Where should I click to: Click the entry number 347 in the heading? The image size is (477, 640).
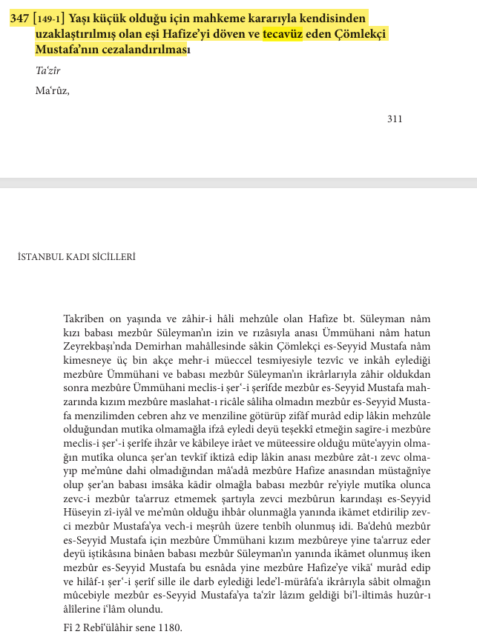(x=20, y=19)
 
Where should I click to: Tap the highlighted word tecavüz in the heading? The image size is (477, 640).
(x=283, y=35)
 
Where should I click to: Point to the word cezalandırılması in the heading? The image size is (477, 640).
(x=143, y=51)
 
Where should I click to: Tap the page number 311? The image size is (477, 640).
(x=395, y=119)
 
